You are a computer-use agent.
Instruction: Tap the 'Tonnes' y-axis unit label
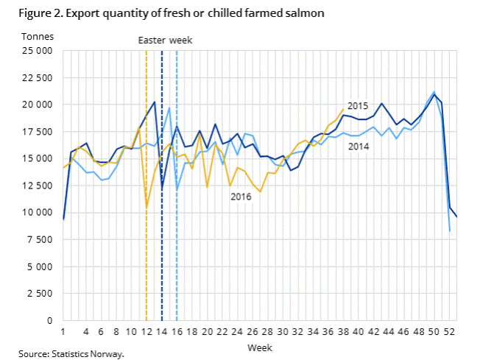point(37,36)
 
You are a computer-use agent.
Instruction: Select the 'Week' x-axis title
point(260,345)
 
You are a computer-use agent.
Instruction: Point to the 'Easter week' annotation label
point(165,40)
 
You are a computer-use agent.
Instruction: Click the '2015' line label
point(357,107)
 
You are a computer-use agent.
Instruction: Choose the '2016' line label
point(241,197)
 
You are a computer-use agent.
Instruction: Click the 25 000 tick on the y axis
point(37,51)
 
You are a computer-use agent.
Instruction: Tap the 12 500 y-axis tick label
point(37,186)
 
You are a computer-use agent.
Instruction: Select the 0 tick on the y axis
point(49,320)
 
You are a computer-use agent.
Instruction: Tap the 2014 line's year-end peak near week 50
point(434,92)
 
